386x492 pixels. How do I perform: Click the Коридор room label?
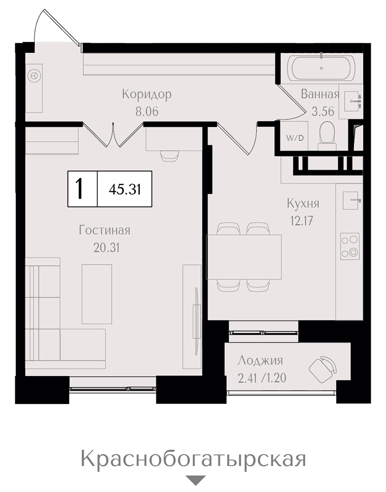147,94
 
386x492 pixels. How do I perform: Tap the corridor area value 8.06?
147,111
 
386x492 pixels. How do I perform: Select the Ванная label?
320,94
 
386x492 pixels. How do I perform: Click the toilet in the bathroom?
327,136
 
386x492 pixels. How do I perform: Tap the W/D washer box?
295,138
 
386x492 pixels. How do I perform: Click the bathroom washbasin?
352,101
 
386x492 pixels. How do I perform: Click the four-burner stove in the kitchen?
350,246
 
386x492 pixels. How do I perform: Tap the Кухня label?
303,204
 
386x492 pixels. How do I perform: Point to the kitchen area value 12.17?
301,221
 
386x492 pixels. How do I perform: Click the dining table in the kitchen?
244,257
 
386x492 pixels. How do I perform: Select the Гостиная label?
105,230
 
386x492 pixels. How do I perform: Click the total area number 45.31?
125,189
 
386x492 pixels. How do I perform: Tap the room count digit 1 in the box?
80,188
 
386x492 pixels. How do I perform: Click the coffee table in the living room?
97,294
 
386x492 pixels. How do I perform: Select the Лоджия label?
260,361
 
